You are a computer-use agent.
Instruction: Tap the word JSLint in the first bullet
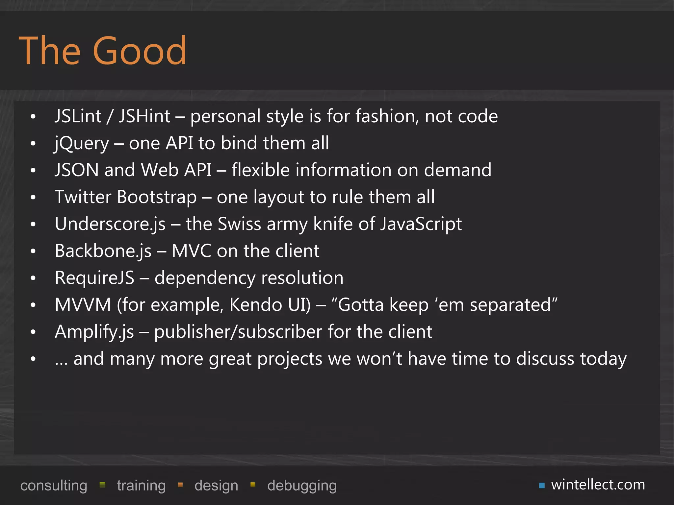78,116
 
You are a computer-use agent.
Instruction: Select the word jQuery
82,144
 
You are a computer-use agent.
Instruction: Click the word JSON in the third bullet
77,170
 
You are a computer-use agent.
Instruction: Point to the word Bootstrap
157,197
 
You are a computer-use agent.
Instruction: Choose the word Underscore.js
110,224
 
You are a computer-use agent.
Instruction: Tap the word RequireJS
95,278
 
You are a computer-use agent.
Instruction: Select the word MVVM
83,305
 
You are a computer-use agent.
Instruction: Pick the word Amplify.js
94,332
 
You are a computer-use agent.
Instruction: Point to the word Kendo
256,305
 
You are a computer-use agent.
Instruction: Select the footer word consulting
54,486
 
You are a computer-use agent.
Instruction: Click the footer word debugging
302,486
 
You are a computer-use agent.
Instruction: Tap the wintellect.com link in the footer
598,485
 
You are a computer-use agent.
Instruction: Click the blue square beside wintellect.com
542,486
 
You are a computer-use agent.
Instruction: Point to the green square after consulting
102,485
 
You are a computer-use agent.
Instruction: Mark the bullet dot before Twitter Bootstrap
33,197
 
